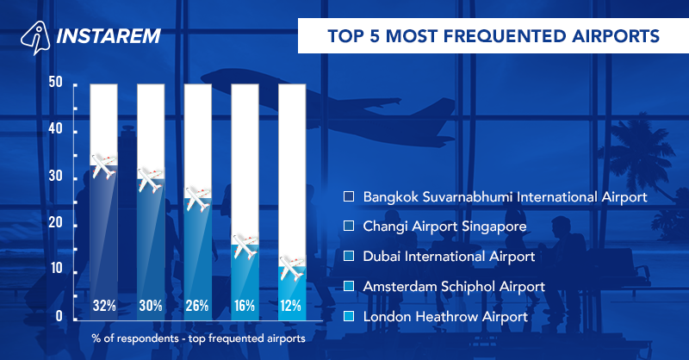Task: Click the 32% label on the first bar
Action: click(x=103, y=304)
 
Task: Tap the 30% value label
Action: click(x=151, y=304)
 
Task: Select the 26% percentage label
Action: click(x=197, y=304)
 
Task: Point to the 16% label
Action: click(x=245, y=304)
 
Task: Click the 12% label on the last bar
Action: click(x=291, y=304)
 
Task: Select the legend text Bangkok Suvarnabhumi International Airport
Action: click(x=505, y=197)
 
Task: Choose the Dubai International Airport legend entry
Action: click(x=450, y=256)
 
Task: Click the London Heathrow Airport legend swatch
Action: click(x=349, y=317)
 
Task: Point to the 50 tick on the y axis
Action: click(x=56, y=84)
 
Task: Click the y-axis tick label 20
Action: click(x=56, y=225)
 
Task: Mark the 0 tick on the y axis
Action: click(x=59, y=318)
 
